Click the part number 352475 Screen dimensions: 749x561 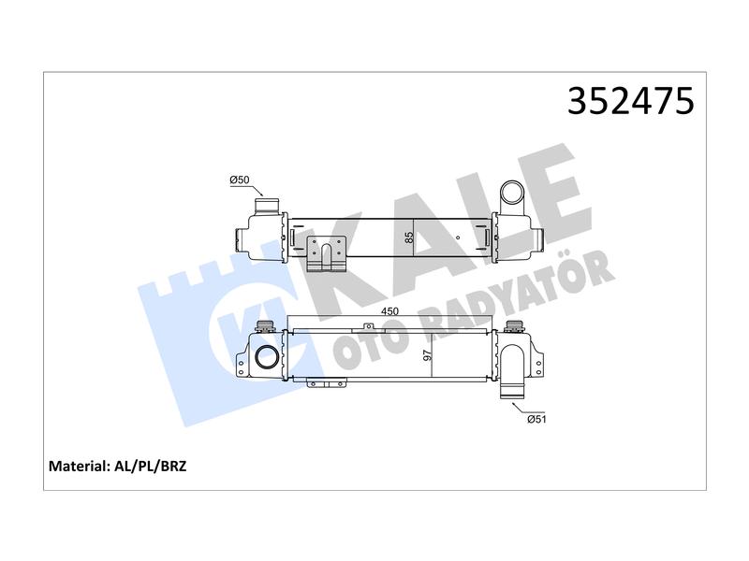(x=630, y=101)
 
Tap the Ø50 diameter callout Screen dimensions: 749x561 (x=240, y=180)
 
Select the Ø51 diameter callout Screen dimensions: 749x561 (x=536, y=419)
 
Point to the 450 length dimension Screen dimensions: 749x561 (x=389, y=311)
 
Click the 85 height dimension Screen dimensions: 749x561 (x=409, y=237)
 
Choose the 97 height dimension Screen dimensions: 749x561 (x=427, y=355)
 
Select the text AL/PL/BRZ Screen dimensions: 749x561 (x=150, y=466)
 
